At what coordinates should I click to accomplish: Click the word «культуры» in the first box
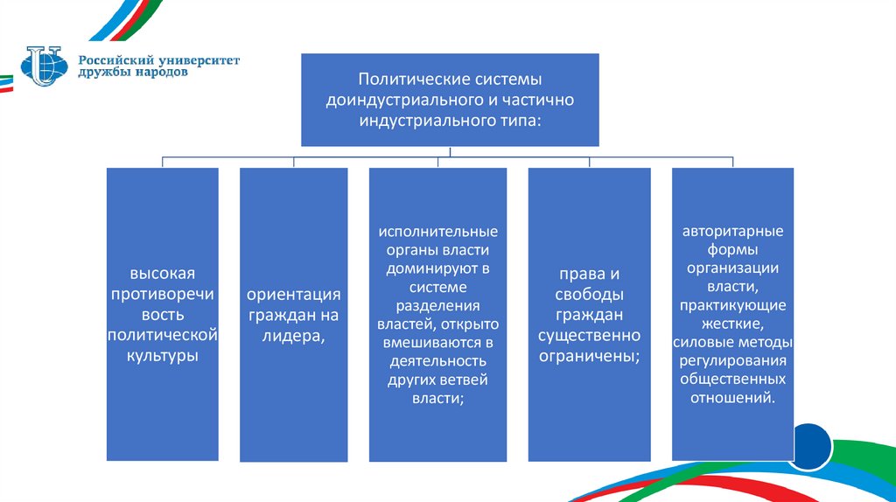[162, 356]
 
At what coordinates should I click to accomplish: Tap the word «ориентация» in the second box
[293, 294]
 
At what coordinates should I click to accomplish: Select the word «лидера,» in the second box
[293, 336]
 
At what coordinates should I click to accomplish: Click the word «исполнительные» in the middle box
[437, 232]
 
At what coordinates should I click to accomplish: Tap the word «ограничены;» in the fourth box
[589, 356]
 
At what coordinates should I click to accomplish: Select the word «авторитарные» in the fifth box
[733, 231]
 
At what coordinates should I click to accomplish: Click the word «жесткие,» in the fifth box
[733, 322]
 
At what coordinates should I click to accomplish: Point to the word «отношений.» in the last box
[733, 397]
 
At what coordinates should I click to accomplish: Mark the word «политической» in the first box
[162, 335]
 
